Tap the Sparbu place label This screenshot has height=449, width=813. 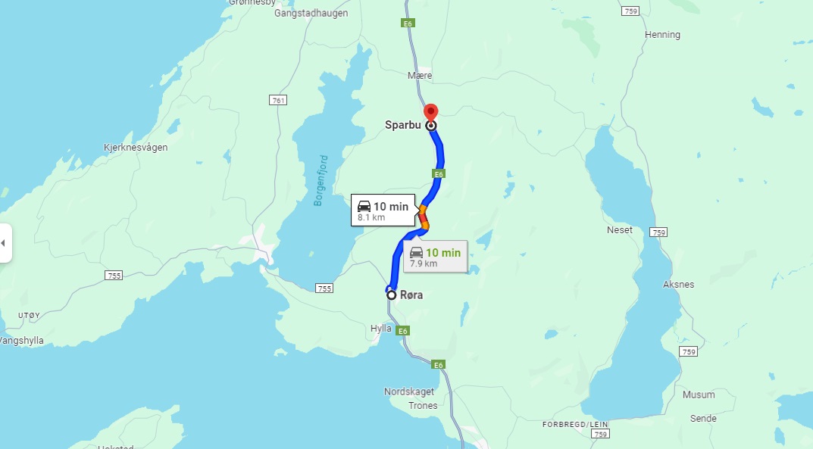pyautogui.click(x=402, y=125)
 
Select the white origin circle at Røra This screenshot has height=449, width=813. pyautogui.click(x=392, y=295)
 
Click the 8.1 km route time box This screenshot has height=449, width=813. pyautogui.click(x=383, y=210)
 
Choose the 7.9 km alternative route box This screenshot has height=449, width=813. pyautogui.click(x=435, y=257)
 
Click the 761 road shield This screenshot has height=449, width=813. pyautogui.click(x=278, y=100)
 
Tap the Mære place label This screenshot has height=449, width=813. pyautogui.click(x=420, y=76)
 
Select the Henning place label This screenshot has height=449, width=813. pyautogui.click(x=662, y=35)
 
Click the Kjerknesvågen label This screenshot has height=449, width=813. pyautogui.click(x=136, y=148)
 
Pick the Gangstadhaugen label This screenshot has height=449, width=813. pyautogui.click(x=311, y=14)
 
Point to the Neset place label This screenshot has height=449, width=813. pyautogui.click(x=619, y=229)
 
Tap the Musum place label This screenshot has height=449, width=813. pyautogui.click(x=698, y=394)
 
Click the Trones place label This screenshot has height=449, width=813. pyautogui.click(x=423, y=406)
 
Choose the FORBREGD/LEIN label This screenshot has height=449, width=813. pyautogui.click(x=576, y=424)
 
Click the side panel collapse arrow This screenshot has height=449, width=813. pyautogui.click(x=4, y=243)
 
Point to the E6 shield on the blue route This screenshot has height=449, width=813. pyautogui.click(x=439, y=174)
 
